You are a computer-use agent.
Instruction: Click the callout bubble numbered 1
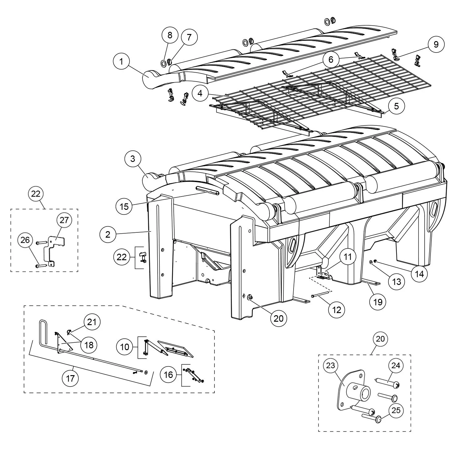click(121, 61)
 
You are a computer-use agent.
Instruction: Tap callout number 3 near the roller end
click(133, 159)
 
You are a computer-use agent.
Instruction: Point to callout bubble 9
click(436, 44)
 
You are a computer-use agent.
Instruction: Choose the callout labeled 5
click(396, 106)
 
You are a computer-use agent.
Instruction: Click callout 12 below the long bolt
click(337, 309)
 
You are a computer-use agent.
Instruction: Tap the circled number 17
click(70, 378)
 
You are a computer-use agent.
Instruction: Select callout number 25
click(396, 410)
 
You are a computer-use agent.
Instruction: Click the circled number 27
click(64, 220)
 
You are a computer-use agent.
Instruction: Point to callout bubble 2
click(108, 234)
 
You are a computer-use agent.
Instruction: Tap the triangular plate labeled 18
click(64, 342)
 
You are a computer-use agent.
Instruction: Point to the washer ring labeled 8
click(163, 63)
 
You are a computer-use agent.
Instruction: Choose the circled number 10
click(125, 347)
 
